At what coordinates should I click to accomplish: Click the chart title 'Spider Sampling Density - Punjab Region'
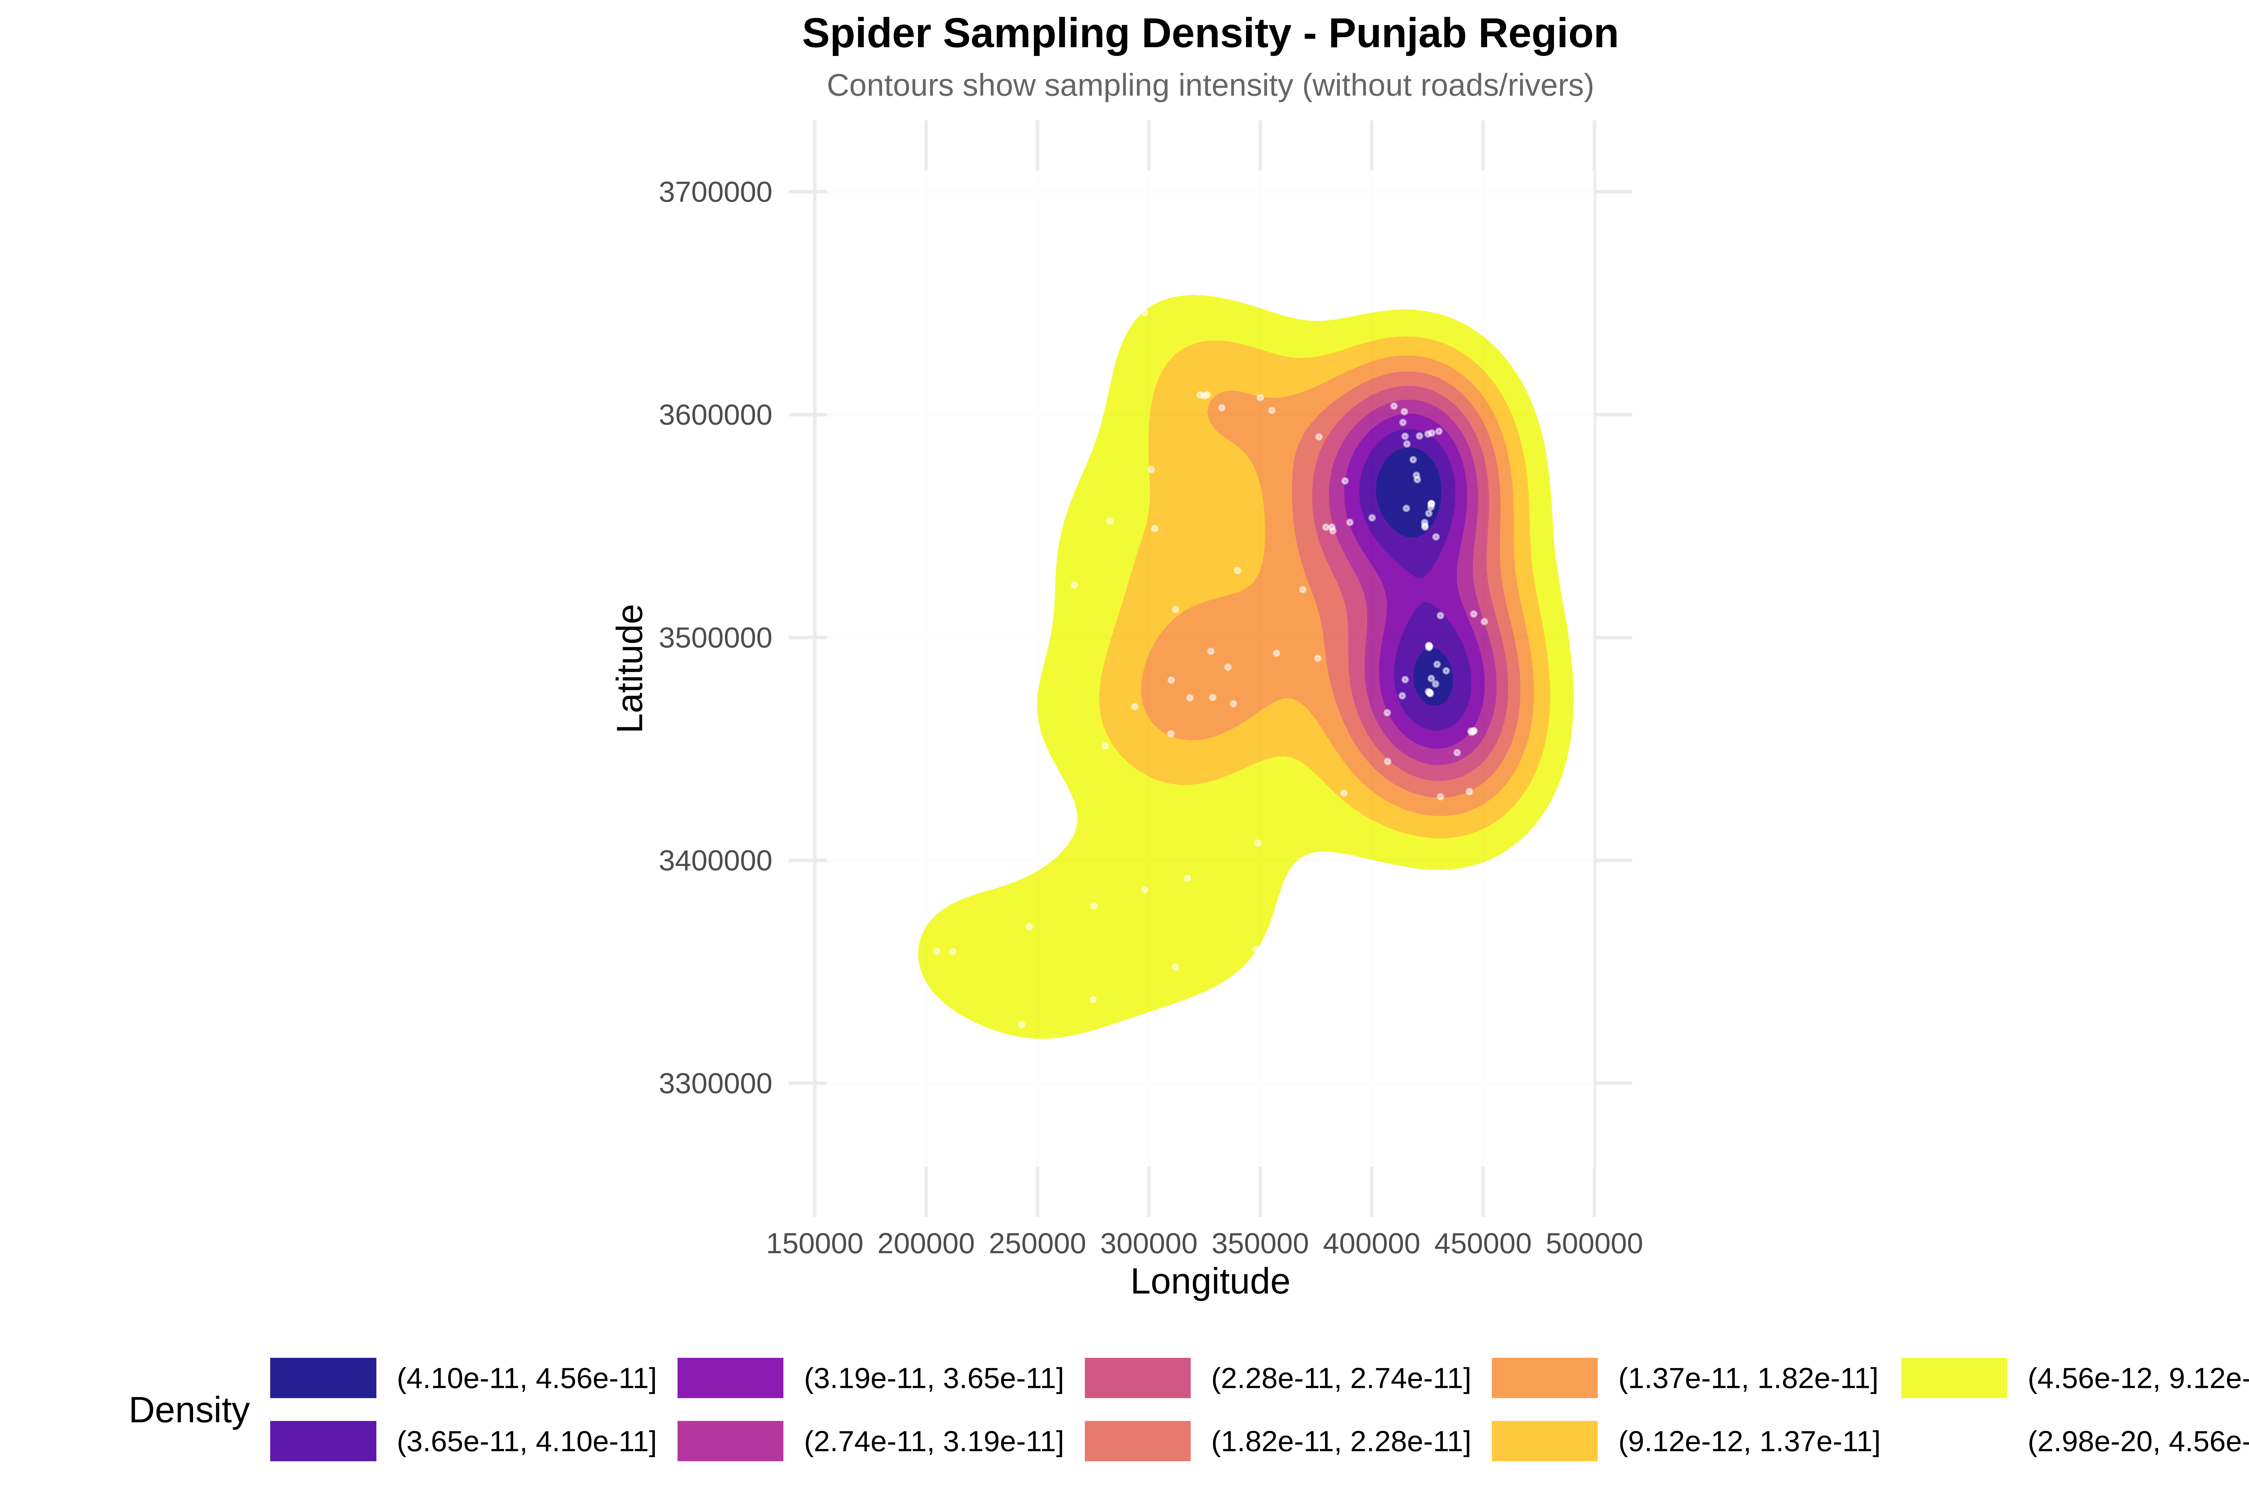pyautogui.click(x=1209, y=34)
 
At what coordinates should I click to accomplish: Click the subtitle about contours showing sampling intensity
pyautogui.click(x=1209, y=86)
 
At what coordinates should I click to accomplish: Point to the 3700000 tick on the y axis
pyautogui.click(x=715, y=192)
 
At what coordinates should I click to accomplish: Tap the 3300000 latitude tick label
pyautogui.click(x=715, y=1084)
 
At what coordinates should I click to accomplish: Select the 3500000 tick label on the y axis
pyautogui.click(x=715, y=638)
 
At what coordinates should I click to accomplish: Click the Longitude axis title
pyautogui.click(x=1209, y=1282)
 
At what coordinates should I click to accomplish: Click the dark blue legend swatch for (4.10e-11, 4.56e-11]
pyautogui.click(x=323, y=1378)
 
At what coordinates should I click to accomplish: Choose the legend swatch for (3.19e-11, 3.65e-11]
pyautogui.click(x=731, y=1378)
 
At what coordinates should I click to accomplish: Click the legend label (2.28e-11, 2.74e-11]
pyautogui.click(x=1341, y=1378)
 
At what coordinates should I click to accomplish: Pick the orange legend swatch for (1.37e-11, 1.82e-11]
pyautogui.click(x=1544, y=1378)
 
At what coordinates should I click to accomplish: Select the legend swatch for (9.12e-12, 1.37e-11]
pyautogui.click(x=1544, y=1442)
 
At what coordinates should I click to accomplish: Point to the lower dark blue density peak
pyautogui.click(x=1432, y=677)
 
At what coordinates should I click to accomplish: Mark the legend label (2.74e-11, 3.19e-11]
pyautogui.click(x=933, y=1442)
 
